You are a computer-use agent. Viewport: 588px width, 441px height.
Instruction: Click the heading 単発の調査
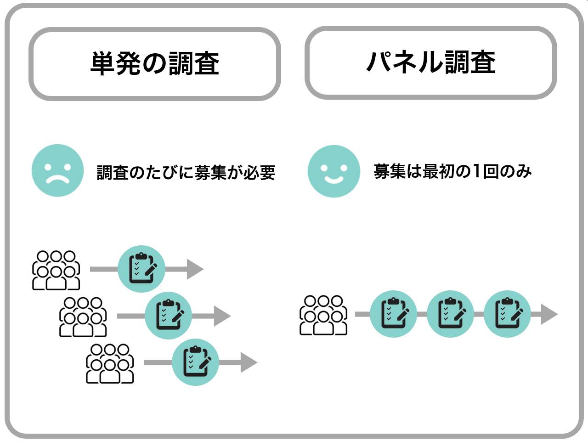tap(155, 63)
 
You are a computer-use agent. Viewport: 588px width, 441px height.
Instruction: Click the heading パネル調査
tap(431, 62)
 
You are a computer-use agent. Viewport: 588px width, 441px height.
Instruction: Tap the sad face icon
tap(57, 170)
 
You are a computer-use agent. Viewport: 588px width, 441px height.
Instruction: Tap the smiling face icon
tap(334, 171)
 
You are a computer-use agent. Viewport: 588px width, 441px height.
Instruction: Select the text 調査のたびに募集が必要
tap(186, 172)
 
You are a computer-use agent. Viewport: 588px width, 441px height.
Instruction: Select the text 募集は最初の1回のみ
tap(452, 171)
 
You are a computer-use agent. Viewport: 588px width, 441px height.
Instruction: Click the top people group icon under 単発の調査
tap(56, 270)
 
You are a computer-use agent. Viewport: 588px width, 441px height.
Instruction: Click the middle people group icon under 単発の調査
tap(83, 317)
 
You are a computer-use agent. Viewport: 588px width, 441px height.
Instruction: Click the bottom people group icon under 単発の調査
tap(110, 363)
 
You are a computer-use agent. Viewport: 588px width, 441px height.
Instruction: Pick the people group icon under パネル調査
tap(323, 315)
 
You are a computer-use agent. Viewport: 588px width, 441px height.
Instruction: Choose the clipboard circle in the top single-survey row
tap(141, 269)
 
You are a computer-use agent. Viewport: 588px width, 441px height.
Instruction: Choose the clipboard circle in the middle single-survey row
tap(169, 316)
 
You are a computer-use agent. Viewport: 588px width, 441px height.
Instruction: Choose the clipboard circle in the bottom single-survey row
tap(196, 362)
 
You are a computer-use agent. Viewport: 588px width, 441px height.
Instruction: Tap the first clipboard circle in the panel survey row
tap(393, 314)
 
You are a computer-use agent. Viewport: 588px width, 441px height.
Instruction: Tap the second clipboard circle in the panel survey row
tap(450, 314)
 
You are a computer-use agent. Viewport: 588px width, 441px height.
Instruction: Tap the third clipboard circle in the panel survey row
tap(507, 314)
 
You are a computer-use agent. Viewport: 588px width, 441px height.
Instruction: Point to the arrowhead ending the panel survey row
tap(549, 314)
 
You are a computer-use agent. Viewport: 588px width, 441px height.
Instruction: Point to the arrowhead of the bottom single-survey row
tap(249, 362)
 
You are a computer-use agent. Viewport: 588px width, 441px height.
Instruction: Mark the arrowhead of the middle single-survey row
tap(222, 316)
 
